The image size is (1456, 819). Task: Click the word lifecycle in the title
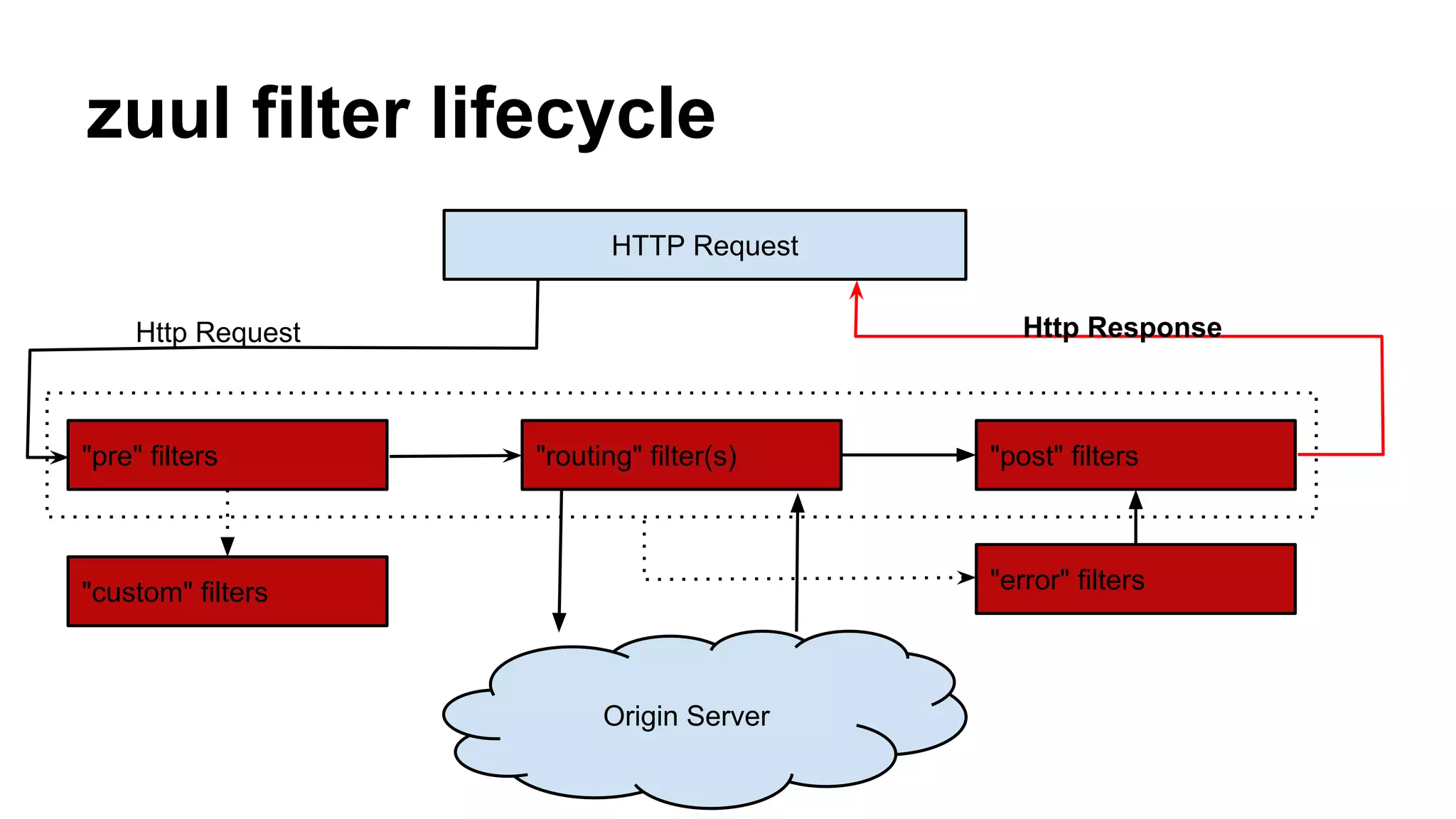572,114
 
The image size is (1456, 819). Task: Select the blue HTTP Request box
704,245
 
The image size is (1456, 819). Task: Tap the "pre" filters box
227,455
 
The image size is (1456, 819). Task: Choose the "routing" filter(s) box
681,455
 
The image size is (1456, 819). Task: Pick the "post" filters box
1135,455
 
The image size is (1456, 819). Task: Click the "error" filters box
1135,579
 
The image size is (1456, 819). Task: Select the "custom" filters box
227,591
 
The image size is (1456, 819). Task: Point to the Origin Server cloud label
686,716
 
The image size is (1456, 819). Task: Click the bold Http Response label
1122,327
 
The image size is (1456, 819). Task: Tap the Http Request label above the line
218,332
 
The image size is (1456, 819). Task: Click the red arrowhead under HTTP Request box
857,289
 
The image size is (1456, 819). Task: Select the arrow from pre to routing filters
455,456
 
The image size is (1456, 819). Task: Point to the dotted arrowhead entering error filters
966,577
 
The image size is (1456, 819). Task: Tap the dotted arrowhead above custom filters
227,546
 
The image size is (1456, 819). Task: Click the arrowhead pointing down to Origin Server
560,621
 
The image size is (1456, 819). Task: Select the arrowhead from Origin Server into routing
798,503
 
